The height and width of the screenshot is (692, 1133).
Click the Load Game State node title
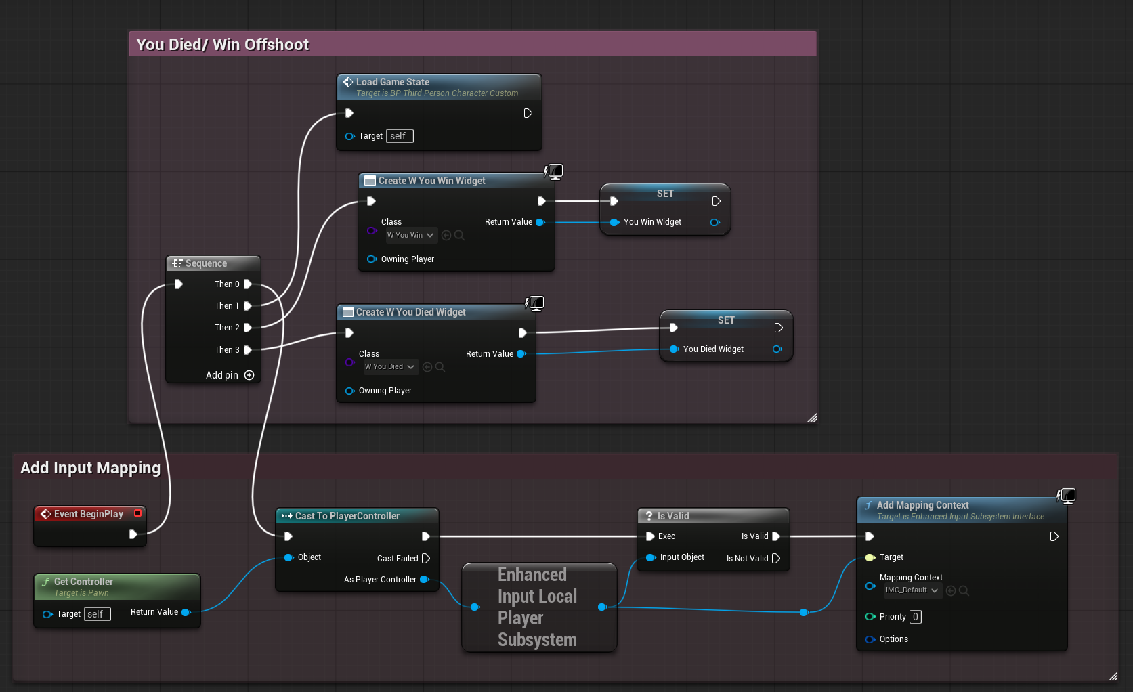pyautogui.click(x=392, y=82)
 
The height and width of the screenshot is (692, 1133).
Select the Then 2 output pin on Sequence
pyautogui.click(x=248, y=328)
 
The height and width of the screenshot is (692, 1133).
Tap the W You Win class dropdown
pyautogui.click(x=410, y=236)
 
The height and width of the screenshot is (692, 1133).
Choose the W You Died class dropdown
pyautogui.click(x=390, y=367)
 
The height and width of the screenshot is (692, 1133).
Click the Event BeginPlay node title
pyautogui.click(x=88, y=514)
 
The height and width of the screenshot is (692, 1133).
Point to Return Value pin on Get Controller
pyautogui.click(x=186, y=612)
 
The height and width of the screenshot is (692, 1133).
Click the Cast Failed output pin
pyautogui.click(x=426, y=559)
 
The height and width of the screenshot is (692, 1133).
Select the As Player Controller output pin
pyautogui.click(x=425, y=580)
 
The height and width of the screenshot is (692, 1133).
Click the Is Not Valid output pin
pyautogui.click(x=776, y=559)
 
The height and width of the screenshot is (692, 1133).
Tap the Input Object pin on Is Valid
pyautogui.click(x=651, y=557)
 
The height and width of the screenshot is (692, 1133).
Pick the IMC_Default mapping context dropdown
pyautogui.click(x=912, y=590)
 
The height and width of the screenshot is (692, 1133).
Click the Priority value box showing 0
pyautogui.click(x=915, y=617)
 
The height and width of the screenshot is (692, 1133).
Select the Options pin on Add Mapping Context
pyautogui.click(x=870, y=639)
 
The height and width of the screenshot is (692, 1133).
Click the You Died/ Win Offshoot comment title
pyautogui.click(x=222, y=45)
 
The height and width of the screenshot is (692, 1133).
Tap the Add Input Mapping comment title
pyautogui.click(x=90, y=468)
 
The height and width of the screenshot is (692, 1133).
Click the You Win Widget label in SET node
pyautogui.click(x=652, y=222)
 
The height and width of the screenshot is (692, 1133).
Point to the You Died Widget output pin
pyautogui.click(x=777, y=349)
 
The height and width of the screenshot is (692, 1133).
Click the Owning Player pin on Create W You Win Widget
pyautogui.click(x=372, y=259)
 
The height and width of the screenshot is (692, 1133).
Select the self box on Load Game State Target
pyautogui.click(x=399, y=136)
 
